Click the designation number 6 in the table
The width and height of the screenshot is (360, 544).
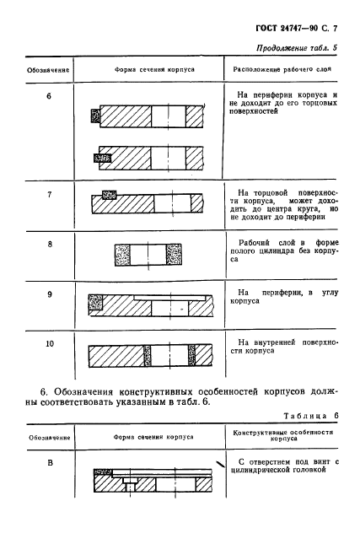coord(49,95)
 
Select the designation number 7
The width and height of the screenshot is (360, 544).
coord(49,195)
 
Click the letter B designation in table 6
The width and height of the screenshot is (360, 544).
coord(49,463)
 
